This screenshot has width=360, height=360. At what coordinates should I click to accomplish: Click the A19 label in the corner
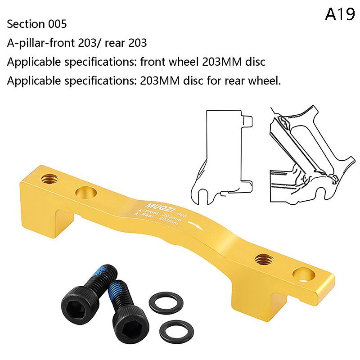[340, 14]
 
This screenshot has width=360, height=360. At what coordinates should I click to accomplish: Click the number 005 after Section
[58, 24]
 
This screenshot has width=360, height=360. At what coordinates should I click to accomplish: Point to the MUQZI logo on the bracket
[160, 207]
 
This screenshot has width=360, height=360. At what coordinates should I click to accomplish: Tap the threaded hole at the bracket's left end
[49, 178]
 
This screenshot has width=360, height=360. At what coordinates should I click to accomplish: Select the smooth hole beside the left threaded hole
[86, 192]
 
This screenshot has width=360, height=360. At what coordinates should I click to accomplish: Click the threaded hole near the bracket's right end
[264, 260]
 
